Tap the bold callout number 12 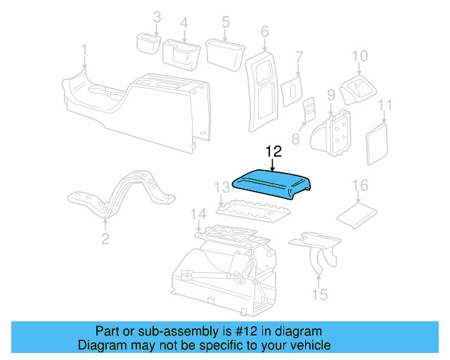[x=273, y=151]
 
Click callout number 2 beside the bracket [x=105, y=239]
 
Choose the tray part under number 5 [x=223, y=52]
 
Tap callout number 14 [x=199, y=213]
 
